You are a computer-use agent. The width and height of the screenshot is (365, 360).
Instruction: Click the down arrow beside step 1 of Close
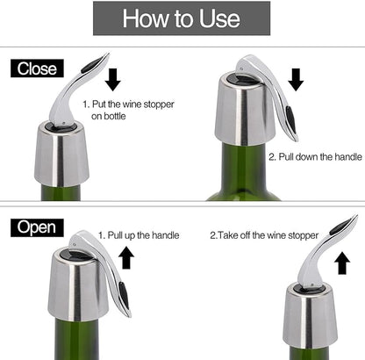pos(111,78)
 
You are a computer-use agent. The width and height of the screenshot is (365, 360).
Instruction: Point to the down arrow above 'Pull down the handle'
pos(296,79)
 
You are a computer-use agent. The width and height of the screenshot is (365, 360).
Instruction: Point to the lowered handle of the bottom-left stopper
pos(117,279)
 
